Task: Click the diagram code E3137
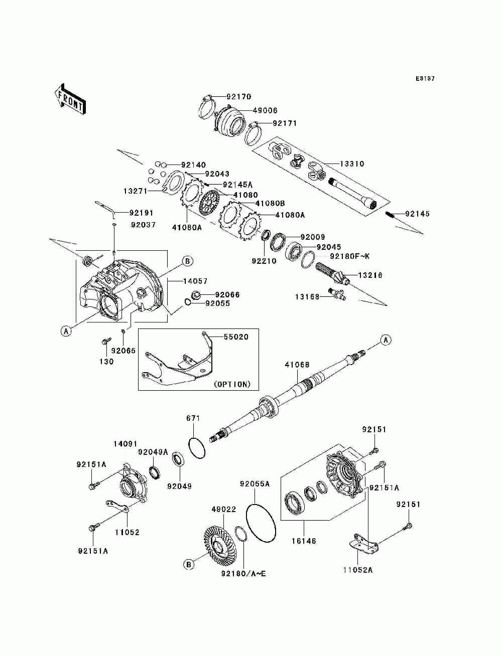[x=425, y=79]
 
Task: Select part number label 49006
[x=266, y=110]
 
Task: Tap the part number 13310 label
[x=352, y=164]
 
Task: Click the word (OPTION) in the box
[x=232, y=384]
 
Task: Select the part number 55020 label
[x=235, y=337]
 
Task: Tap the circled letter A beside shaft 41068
[x=386, y=340]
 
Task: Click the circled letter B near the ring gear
[x=189, y=565]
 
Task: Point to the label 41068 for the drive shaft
[x=297, y=365]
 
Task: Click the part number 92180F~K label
[x=349, y=256]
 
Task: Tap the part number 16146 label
[x=304, y=541]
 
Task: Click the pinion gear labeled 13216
[x=332, y=276]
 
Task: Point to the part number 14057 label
[x=195, y=281]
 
